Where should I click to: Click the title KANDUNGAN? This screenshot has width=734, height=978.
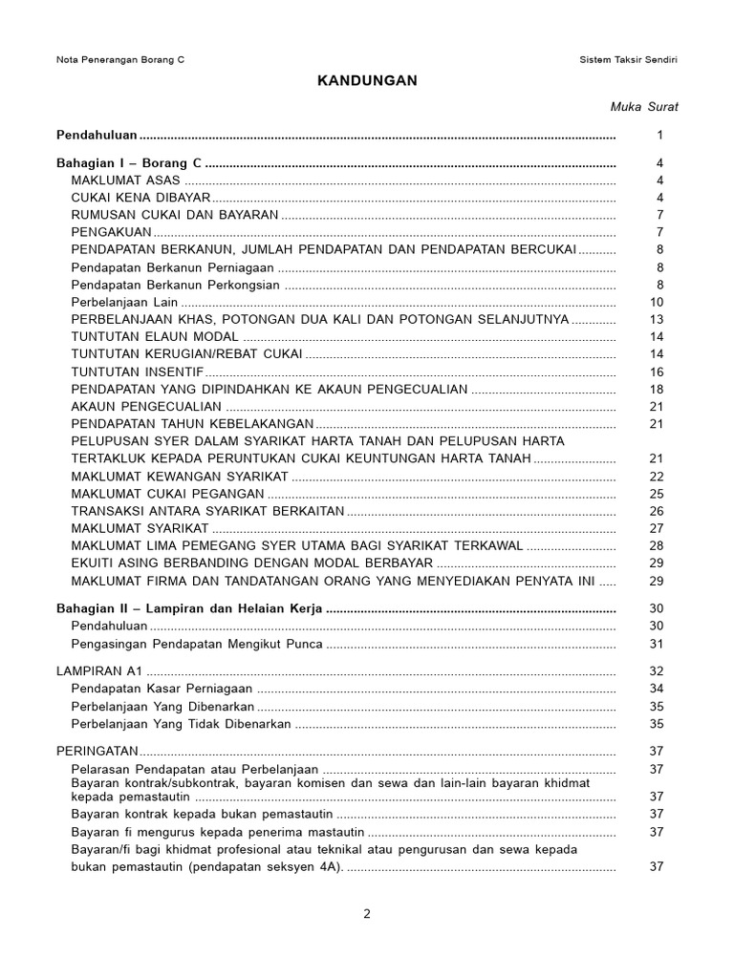tap(367, 81)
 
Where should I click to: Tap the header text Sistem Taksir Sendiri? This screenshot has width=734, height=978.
tap(630, 59)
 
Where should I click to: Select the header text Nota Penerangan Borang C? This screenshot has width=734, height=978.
tap(120, 59)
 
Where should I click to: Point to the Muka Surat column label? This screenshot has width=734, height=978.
tap(644, 107)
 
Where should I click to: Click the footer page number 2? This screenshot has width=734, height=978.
tap(367, 913)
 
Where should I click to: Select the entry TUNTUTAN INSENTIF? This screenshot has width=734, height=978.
tap(137, 372)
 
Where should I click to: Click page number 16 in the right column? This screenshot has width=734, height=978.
tap(656, 372)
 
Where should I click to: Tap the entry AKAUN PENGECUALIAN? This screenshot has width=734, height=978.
tap(146, 406)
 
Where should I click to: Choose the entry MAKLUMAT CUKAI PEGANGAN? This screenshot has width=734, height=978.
tap(167, 494)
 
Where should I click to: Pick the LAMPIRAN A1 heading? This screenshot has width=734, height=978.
tap(99, 671)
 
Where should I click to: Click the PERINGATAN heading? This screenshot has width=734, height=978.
tap(97, 751)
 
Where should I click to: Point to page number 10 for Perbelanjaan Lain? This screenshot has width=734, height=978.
tap(656, 302)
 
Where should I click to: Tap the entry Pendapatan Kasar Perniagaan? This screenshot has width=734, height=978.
tap(162, 689)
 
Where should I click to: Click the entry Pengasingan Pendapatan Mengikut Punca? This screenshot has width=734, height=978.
tap(197, 644)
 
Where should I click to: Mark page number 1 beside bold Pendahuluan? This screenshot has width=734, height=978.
tap(659, 136)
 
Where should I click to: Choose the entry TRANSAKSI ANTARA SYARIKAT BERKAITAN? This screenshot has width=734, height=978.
tap(207, 511)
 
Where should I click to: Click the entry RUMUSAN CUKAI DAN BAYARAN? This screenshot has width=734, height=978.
tap(174, 215)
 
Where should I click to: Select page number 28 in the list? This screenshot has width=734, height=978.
tap(656, 545)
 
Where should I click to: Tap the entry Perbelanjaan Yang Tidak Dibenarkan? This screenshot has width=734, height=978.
tap(181, 724)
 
